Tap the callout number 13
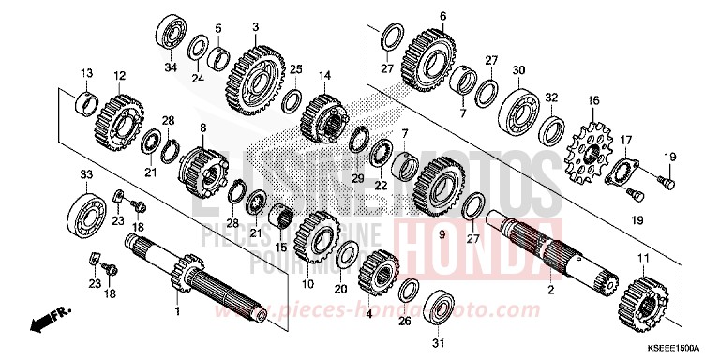coord(85,72)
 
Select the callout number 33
coord(85,175)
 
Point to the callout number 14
coord(325,75)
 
